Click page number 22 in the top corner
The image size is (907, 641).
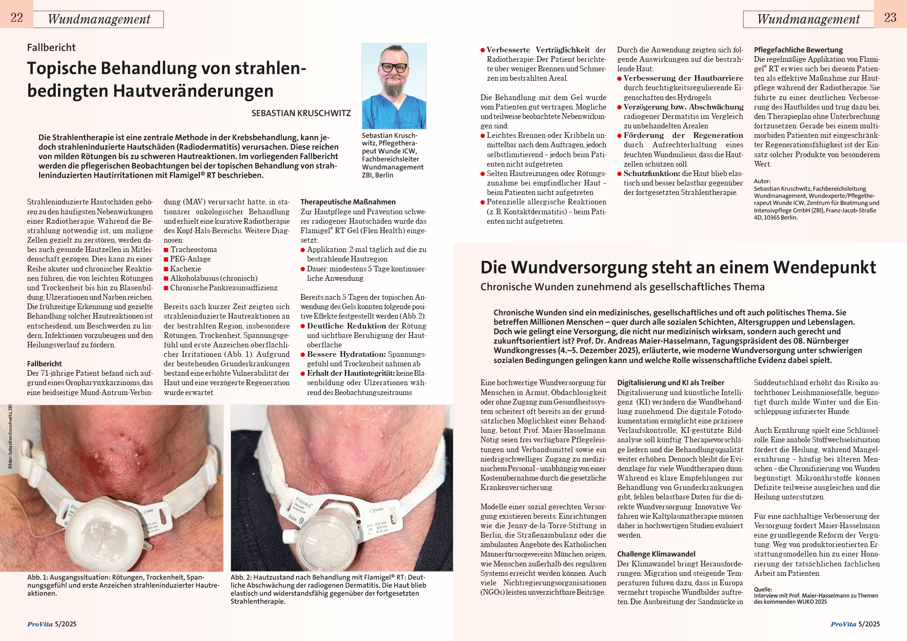[17, 17]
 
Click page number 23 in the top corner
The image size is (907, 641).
[890, 17]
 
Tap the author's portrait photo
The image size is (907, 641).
[394, 86]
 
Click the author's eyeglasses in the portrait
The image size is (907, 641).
[394, 67]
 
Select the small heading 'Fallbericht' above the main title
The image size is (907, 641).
[51, 48]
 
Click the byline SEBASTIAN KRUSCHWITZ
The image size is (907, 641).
[301, 113]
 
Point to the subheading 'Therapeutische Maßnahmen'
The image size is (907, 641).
[348, 202]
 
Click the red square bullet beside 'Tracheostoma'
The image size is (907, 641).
[166, 250]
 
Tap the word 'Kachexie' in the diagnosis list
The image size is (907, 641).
[186, 269]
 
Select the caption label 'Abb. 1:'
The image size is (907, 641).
[37, 577]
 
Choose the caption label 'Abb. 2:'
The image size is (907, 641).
[241, 577]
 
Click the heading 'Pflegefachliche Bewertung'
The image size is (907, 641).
[798, 50]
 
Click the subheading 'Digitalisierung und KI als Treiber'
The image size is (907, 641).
[670, 383]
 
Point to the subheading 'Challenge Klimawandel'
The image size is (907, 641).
[656, 554]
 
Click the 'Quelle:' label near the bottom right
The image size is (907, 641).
[763, 589]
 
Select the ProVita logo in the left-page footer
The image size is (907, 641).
[40, 624]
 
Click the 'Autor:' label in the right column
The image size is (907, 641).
[762, 181]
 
